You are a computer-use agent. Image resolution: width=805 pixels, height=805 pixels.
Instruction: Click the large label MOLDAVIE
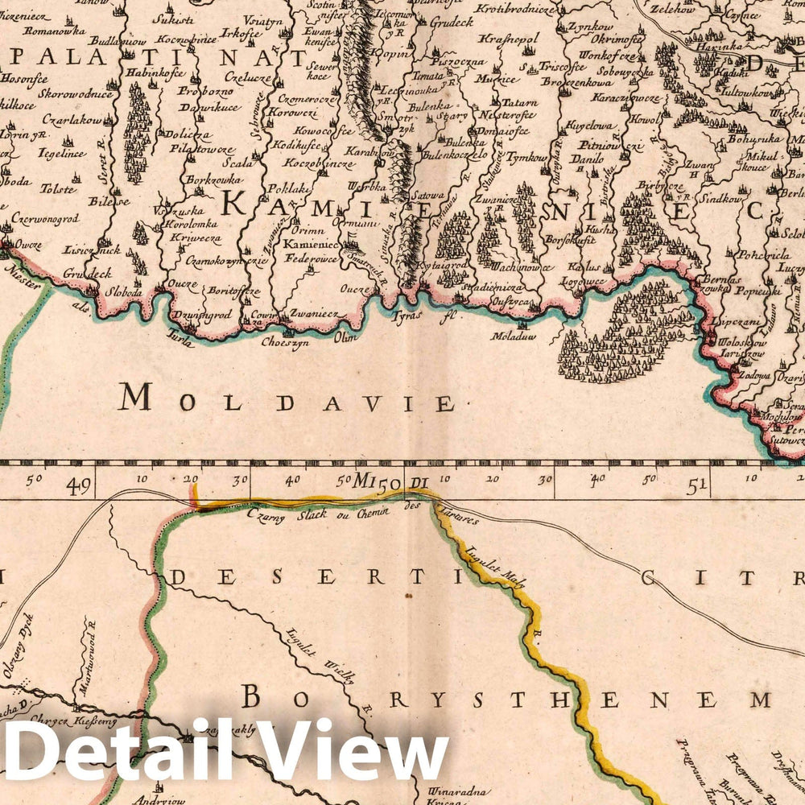tap(286, 398)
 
